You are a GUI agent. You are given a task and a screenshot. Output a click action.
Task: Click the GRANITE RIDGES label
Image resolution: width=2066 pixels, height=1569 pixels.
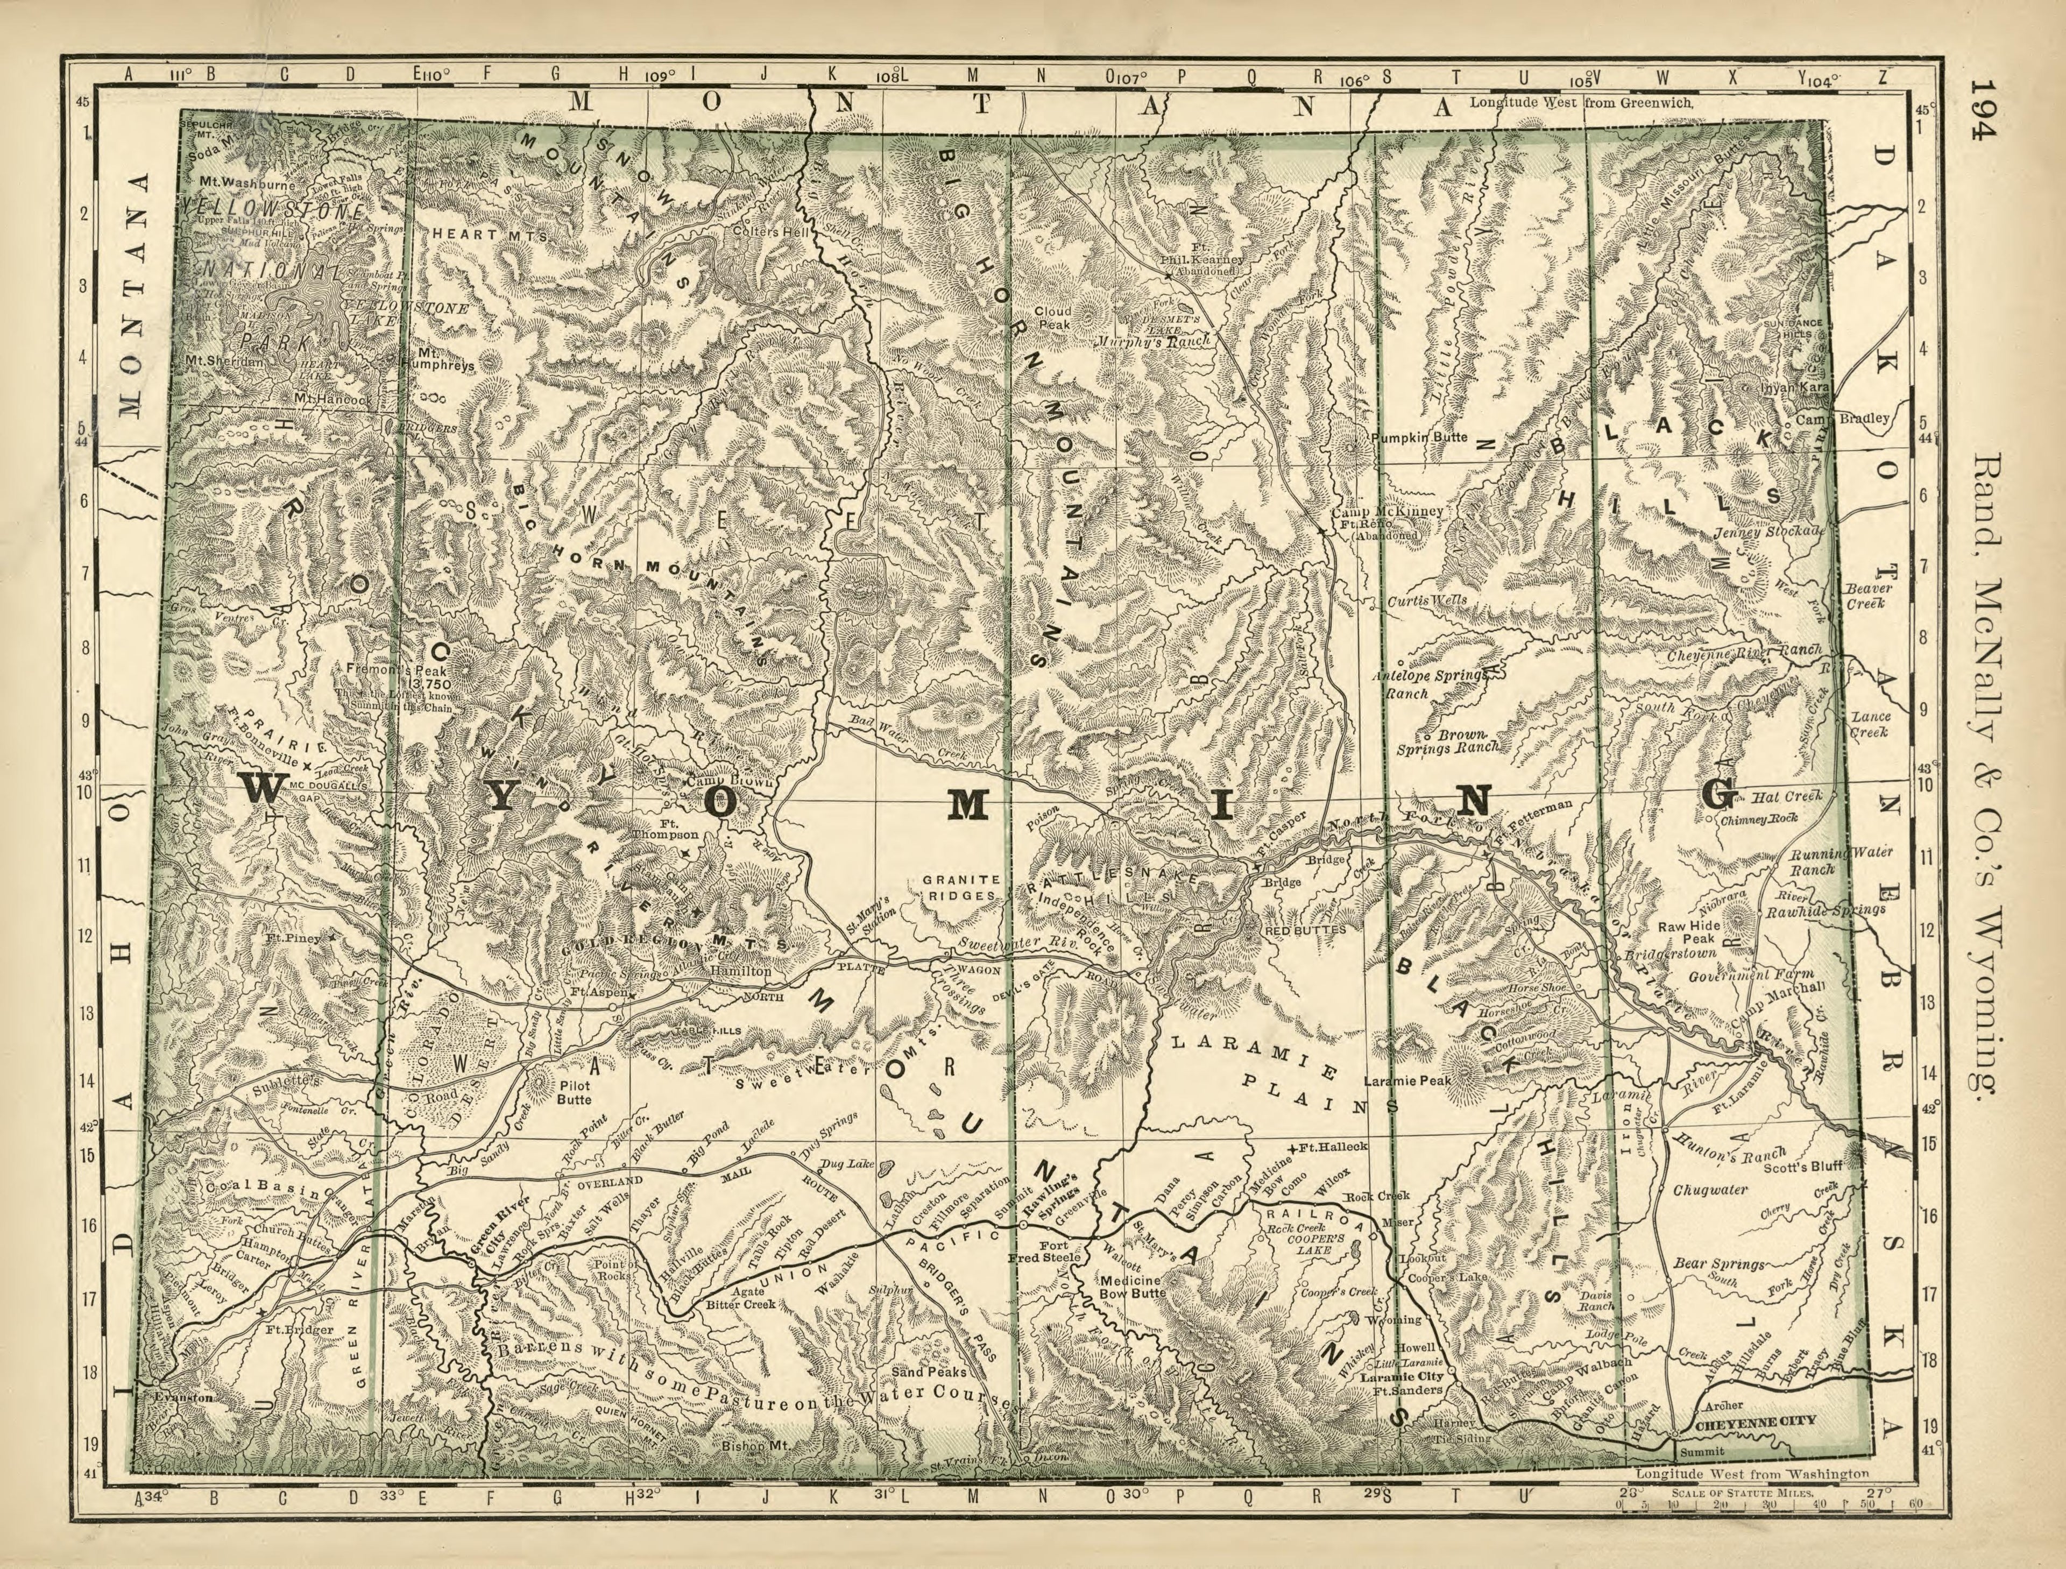click(961, 887)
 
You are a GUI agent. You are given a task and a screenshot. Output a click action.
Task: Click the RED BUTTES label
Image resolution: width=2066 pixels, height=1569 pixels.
click(1305, 930)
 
